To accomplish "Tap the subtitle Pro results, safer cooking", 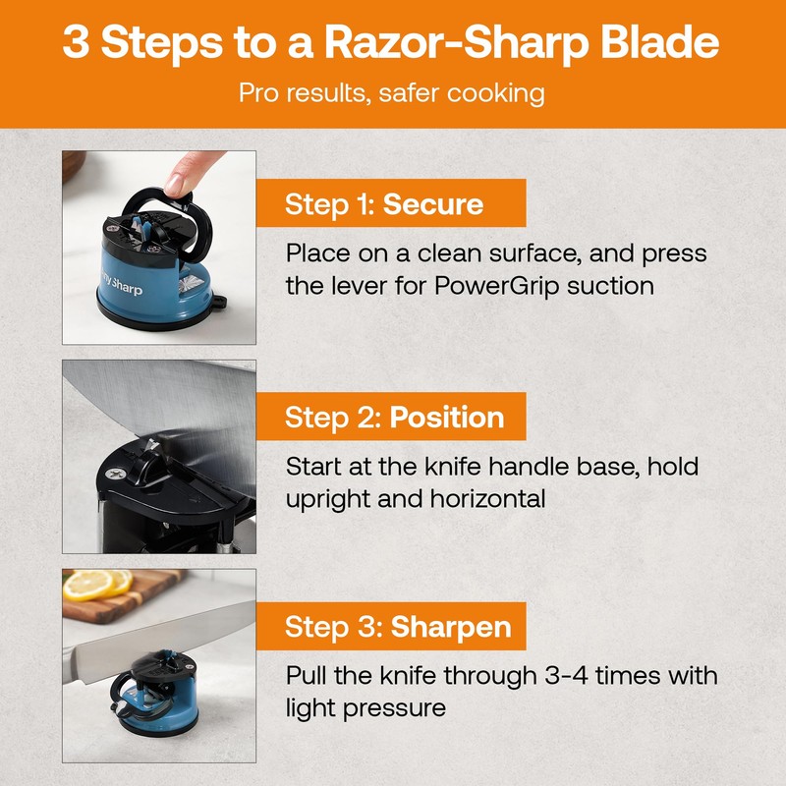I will tap(392, 93).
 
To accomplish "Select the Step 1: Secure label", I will tap(384, 204).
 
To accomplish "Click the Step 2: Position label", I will tap(394, 417).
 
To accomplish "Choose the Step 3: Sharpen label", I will tap(398, 627).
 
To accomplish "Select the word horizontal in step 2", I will tap(487, 498).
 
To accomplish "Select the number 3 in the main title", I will tap(76, 44).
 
